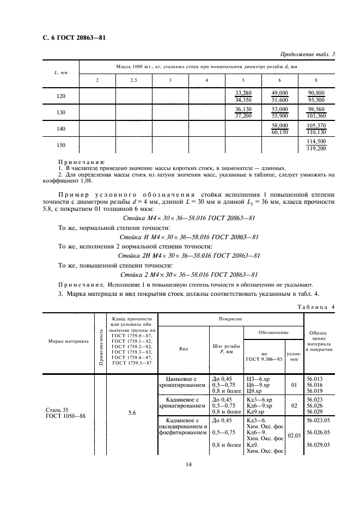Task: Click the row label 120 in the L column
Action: [x=61, y=96]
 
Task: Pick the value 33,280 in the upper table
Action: [x=243, y=93]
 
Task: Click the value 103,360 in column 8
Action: [x=316, y=116]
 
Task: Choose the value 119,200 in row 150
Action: [x=316, y=148]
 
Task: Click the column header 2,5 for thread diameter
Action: [x=133, y=81]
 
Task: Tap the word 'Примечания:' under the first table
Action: [x=81, y=162]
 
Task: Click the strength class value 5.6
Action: [x=132, y=413]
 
